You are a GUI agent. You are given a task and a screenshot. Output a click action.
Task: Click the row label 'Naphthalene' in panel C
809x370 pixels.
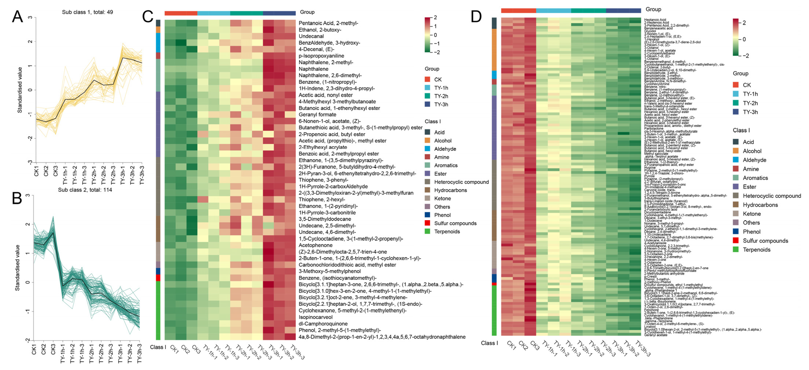click(313, 69)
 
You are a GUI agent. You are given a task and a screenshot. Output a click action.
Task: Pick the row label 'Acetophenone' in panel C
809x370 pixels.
click(315, 245)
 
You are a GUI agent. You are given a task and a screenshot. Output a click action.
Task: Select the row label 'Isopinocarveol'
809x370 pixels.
click(315, 317)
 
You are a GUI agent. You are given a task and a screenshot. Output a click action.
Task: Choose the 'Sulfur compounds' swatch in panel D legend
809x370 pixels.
click(735, 241)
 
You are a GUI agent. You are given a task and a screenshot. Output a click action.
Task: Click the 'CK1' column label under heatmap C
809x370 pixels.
click(175, 349)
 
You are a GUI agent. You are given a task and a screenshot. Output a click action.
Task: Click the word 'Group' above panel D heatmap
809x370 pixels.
click(653, 9)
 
